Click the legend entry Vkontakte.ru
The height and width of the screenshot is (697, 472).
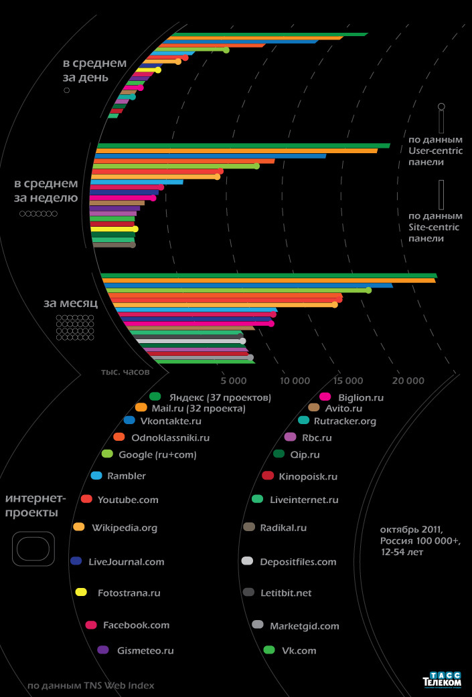pyautogui.click(x=171, y=421)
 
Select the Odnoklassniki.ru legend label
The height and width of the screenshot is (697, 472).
pyautogui.click(x=171, y=438)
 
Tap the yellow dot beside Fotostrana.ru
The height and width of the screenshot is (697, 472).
pyautogui.click(x=82, y=592)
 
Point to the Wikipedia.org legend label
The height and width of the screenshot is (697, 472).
pyautogui.click(x=125, y=528)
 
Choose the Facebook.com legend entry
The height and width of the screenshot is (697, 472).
pyautogui.click(x=136, y=625)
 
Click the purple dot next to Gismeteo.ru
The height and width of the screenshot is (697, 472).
pyautogui.click(x=103, y=650)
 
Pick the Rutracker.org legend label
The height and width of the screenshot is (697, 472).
pyautogui.click(x=345, y=421)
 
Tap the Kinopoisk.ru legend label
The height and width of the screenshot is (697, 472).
pyautogui.click(x=309, y=477)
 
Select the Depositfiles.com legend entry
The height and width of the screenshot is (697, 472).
pyautogui.click(x=298, y=562)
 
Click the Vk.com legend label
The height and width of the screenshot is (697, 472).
pyautogui.click(x=299, y=650)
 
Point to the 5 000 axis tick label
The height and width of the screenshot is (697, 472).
pyautogui.click(x=234, y=381)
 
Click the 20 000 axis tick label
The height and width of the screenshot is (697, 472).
pyautogui.click(x=408, y=381)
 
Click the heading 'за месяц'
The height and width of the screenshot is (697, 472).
pyautogui.click(x=71, y=303)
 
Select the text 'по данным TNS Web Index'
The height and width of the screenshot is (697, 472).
pyautogui.click(x=91, y=685)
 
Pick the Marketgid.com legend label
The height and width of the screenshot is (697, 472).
pyautogui.click(x=305, y=627)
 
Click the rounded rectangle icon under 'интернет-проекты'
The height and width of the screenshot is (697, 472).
pyautogui.click(x=31, y=549)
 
